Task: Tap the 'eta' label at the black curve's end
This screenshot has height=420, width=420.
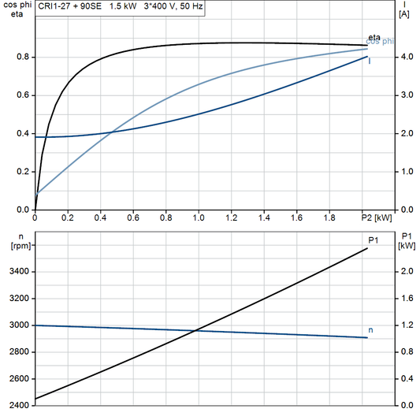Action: coord(374,38)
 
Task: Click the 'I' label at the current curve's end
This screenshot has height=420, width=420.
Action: coord(370,60)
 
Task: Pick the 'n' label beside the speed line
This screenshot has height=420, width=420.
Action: coord(371,329)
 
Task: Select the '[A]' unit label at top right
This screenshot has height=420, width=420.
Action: coord(404,14)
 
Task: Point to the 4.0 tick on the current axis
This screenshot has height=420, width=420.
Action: coord(404,58)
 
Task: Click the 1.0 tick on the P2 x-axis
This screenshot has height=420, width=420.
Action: coord(199,217)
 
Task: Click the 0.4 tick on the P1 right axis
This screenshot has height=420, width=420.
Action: coord(404,379)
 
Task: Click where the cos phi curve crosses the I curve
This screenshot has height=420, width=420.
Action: coord(111,132)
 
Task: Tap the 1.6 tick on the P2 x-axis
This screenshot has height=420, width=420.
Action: coord(296,217)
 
